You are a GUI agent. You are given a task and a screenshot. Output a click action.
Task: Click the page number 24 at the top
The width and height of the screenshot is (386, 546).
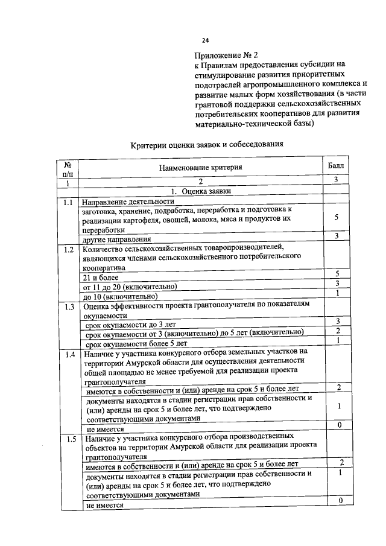click(x=206, y=41)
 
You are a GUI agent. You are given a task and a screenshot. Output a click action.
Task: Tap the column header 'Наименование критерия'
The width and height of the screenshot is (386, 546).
click(x=201, y=167)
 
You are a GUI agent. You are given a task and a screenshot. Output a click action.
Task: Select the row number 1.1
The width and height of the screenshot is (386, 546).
click(x=68, y=202)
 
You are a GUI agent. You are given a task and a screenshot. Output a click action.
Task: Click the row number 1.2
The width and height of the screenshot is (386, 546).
click(x=68, y=249)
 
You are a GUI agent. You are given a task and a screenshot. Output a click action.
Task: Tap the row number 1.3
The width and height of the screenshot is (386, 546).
click(x=68, y=307)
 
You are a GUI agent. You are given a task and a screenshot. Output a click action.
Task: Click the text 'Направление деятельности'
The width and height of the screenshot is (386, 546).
click(x=128, y=201)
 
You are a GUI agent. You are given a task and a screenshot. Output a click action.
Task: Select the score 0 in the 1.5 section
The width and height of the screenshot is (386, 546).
click(x=340, y=501)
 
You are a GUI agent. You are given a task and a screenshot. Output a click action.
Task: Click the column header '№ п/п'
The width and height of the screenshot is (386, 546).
click(x=68, y=167)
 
